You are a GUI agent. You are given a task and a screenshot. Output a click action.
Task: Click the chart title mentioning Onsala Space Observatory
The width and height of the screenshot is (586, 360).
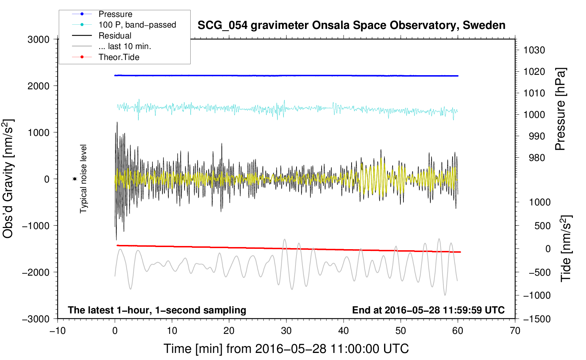(x=351, y=25)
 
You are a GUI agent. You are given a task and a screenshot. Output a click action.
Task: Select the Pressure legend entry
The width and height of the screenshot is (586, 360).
(x=115, y=14)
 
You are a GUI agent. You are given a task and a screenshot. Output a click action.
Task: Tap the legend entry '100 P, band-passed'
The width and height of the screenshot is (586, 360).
(x=137, y=25)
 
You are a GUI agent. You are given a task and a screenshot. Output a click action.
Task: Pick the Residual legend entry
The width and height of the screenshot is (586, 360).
(x=115, y=36)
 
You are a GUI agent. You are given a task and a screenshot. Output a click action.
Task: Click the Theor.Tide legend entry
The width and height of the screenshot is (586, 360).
(x=119, y=57)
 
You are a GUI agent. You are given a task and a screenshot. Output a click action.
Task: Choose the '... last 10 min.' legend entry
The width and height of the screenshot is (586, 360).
(x=125, y=46)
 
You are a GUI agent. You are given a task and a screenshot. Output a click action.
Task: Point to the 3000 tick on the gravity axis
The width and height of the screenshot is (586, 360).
(x=38, y=40)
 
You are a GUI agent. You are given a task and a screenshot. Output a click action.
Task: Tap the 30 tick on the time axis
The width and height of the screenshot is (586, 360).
(x=286, y=331)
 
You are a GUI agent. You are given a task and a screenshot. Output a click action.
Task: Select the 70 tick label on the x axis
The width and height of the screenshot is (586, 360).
(x=515, y=331)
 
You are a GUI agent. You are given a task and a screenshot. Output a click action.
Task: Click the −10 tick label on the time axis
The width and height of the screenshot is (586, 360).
(x=57, y=331)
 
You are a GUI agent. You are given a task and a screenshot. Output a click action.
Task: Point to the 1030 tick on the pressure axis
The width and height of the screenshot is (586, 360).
(x=534, y=50)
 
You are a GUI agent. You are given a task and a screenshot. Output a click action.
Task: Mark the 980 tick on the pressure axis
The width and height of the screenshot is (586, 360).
(x=537, y=158)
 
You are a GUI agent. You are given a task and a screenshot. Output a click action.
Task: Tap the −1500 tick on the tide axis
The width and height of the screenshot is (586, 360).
(x=537, y=319)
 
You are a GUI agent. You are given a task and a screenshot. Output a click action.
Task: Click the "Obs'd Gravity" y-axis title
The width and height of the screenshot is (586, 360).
(x=8, y=179)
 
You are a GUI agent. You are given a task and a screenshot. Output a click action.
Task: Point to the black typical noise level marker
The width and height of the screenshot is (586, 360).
(x=74, y=179)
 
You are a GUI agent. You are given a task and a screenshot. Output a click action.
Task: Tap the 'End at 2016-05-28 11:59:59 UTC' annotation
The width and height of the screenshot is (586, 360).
(x=428, y=310)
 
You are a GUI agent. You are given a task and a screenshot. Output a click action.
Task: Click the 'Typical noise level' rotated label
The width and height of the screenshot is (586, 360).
(x=83, y=179)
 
